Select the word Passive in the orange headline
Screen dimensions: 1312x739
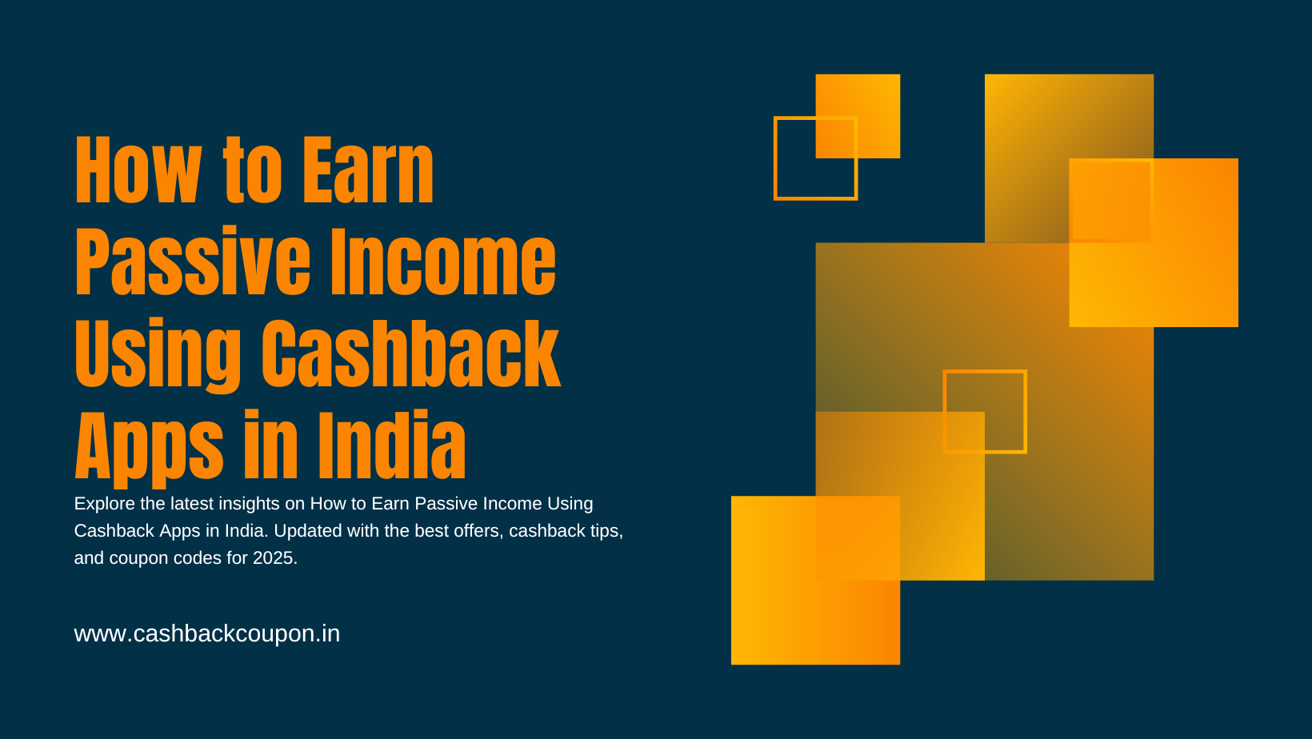192,262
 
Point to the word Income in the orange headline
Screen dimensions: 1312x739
443,262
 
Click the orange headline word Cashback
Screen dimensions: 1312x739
410,354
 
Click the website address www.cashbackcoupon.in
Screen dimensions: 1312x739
206,634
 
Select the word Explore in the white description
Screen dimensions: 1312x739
104,504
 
